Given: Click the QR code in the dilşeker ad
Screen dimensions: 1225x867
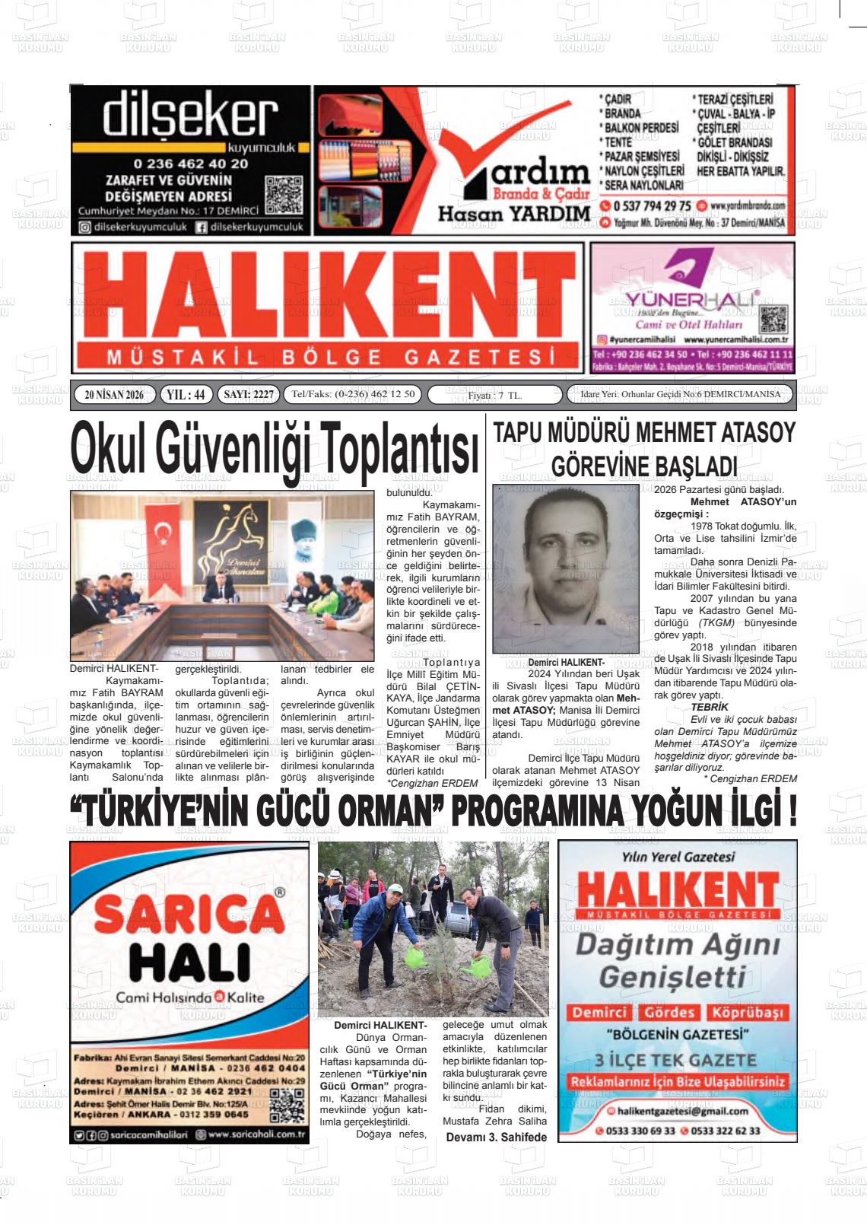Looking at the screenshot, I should (283, 196).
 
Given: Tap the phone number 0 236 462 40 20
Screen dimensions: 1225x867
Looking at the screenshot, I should (190, 164).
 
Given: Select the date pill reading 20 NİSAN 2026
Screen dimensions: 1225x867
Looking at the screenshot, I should (114, 395).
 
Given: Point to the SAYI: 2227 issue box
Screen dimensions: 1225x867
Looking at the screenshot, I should (247, 395).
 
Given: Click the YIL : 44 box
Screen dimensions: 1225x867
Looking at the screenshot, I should (186, 395).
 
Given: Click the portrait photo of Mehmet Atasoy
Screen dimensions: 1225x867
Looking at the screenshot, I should (566, 568).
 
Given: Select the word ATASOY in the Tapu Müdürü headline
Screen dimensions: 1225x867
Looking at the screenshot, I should (748, 433).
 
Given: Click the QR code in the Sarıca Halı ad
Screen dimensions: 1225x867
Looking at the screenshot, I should (287, 1106).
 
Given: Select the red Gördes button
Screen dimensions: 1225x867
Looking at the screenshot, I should (669, 1013).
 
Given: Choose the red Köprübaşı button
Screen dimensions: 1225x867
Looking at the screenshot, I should (746, 1013).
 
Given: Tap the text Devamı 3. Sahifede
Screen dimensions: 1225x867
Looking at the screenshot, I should (496, 1137).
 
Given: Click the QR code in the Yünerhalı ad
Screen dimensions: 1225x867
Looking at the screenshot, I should (773, 320).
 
